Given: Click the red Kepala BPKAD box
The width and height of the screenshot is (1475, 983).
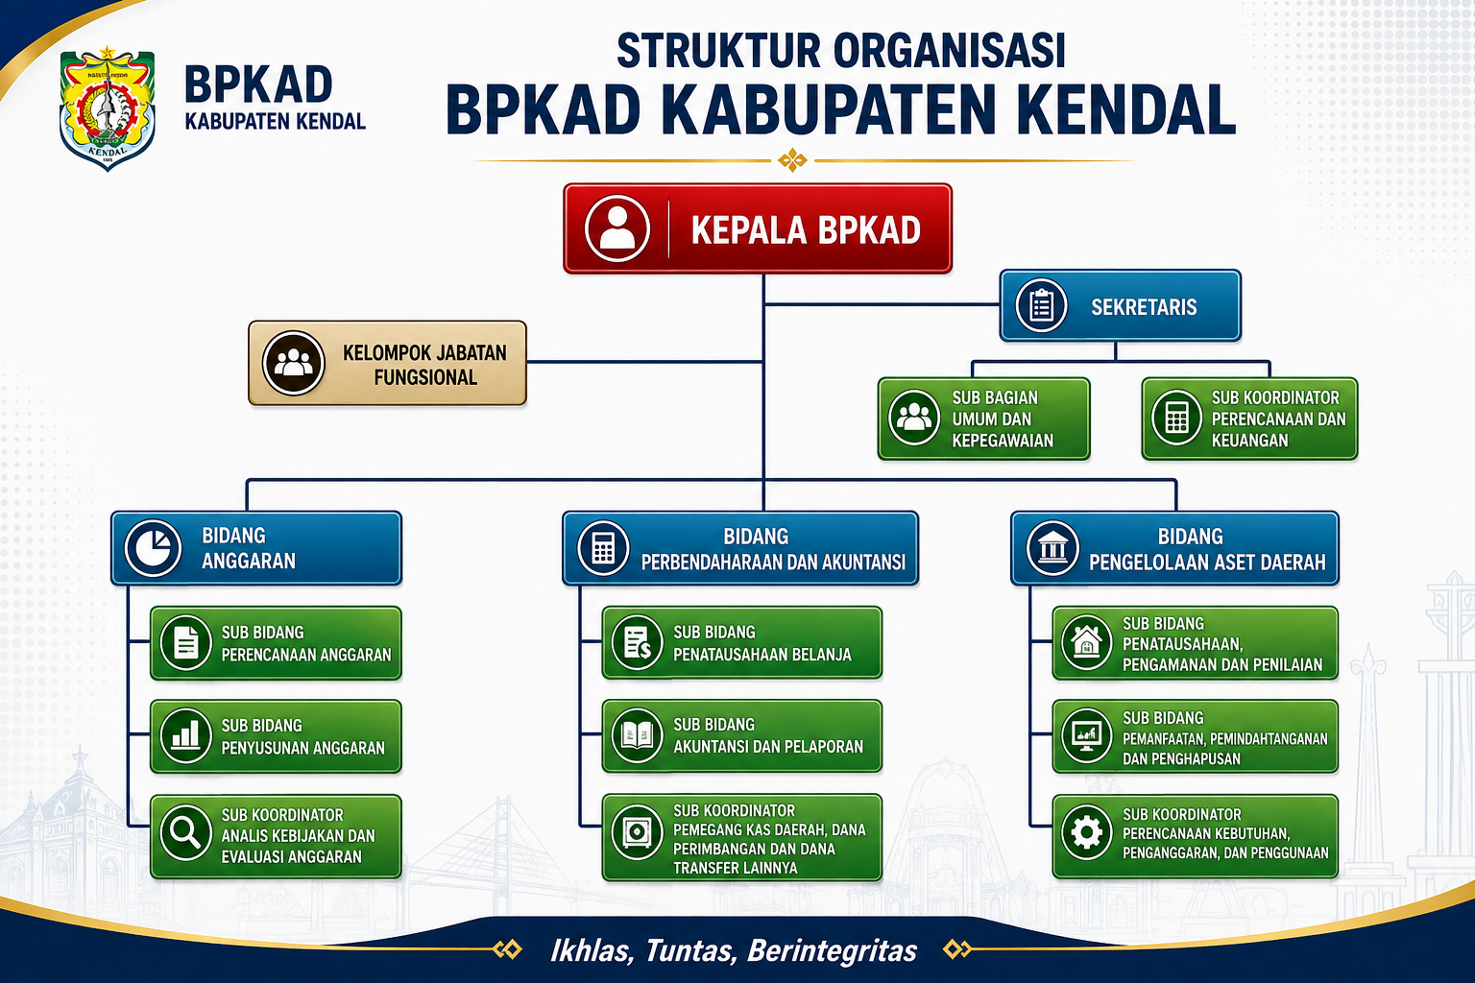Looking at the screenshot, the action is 758,228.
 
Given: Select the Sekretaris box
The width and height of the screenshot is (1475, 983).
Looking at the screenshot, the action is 1120,305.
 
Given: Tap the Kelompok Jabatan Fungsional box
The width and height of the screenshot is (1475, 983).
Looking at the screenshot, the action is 387,363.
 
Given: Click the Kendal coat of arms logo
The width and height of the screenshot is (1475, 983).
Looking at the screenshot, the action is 108,108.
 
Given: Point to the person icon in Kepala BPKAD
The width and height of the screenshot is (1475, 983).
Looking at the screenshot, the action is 617,228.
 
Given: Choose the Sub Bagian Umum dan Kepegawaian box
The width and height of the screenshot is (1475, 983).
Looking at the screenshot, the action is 983,419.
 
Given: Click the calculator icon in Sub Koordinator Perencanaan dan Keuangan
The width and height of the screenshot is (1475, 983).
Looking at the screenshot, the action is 1176,419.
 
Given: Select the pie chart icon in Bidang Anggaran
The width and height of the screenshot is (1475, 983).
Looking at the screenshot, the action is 153,548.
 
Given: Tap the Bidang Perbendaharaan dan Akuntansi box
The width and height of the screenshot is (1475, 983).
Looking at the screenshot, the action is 740,548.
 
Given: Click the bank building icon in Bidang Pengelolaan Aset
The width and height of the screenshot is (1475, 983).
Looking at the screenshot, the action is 1052,548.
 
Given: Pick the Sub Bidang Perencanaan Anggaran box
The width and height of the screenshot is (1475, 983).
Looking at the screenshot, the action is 276,643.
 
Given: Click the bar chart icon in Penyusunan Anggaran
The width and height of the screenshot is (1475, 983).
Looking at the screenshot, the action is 185,736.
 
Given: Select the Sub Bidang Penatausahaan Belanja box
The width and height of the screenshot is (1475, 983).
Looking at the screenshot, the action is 742,642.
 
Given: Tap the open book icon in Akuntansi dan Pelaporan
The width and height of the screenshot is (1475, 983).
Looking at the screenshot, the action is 637,735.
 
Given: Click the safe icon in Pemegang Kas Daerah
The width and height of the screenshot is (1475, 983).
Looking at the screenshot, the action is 637,832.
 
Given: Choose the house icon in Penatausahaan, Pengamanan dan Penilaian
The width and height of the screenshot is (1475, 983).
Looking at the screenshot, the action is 1086,642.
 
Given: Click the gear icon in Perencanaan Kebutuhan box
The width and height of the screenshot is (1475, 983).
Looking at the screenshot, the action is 1086,833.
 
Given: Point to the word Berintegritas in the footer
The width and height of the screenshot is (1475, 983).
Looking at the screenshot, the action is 833,950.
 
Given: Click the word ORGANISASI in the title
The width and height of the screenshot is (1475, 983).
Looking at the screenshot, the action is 949,51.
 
